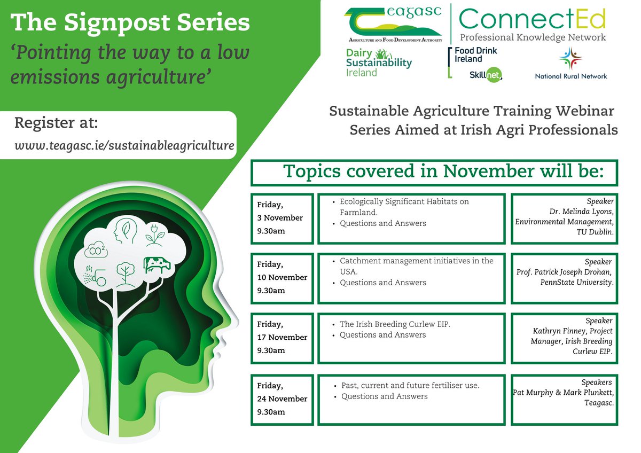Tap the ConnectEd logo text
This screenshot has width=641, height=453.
click(533, 19)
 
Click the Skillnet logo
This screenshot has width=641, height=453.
click(486, 75)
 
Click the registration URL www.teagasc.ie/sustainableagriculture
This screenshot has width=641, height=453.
click(124, 145)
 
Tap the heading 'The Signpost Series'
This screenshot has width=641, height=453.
click(130, 22)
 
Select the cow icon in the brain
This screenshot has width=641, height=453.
click(157, 265)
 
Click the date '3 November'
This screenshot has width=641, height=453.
click(280, 218)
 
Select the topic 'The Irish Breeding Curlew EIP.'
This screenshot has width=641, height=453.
click(395, 325)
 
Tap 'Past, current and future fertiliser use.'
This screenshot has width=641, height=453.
click(410, 386)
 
